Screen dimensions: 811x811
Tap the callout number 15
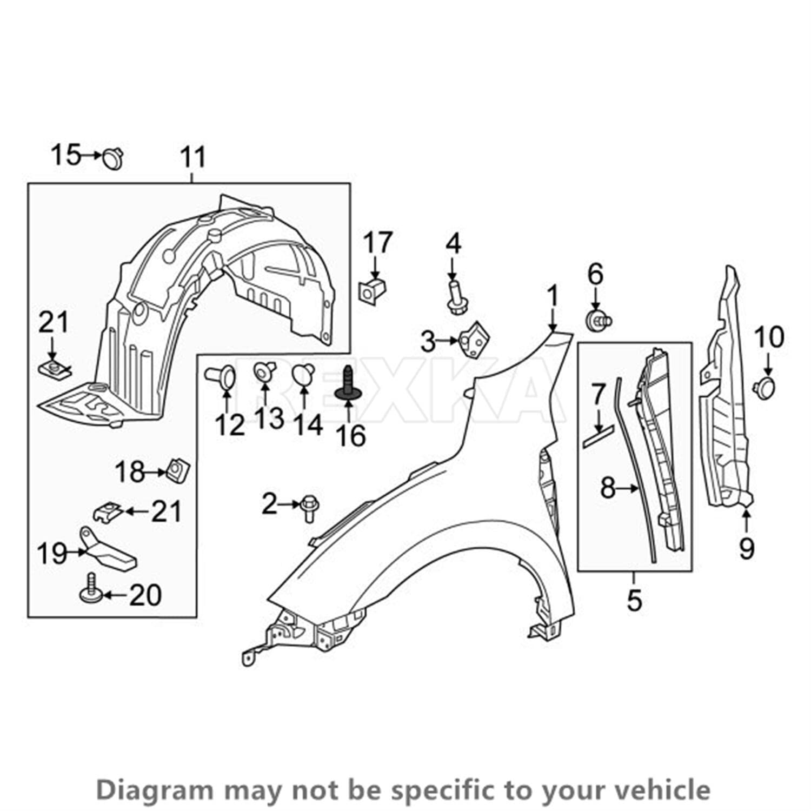[65, 155]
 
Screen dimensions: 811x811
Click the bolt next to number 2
[309, 508]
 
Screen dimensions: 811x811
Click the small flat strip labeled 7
[599, 435]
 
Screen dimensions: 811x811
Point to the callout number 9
[746, 549]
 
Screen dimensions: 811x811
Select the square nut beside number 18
[178, 470]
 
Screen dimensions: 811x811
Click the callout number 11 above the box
[193, 157]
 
